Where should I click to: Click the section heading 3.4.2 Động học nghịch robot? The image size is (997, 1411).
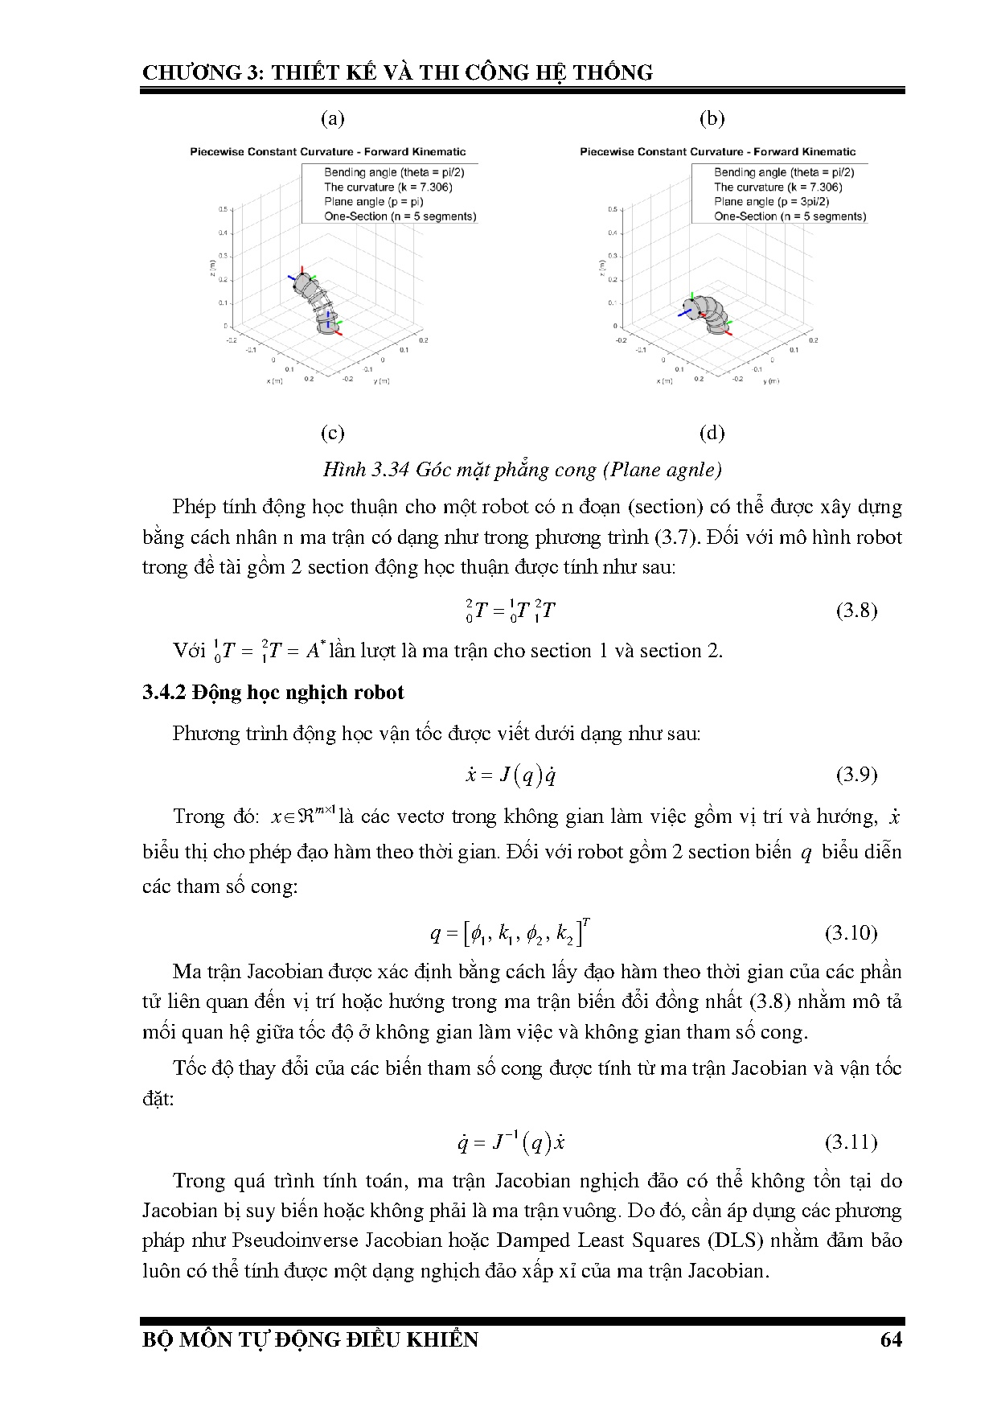point(273,693)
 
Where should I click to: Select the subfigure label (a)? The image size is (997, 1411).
point(332,119)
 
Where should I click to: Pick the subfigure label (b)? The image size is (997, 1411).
point(712,119)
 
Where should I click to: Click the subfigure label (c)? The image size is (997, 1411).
point(332,433)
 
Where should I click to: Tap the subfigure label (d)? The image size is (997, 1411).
point(712,433)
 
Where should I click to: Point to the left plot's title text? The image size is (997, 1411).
point(327,151)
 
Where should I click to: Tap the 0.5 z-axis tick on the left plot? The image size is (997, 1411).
point(222,209)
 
